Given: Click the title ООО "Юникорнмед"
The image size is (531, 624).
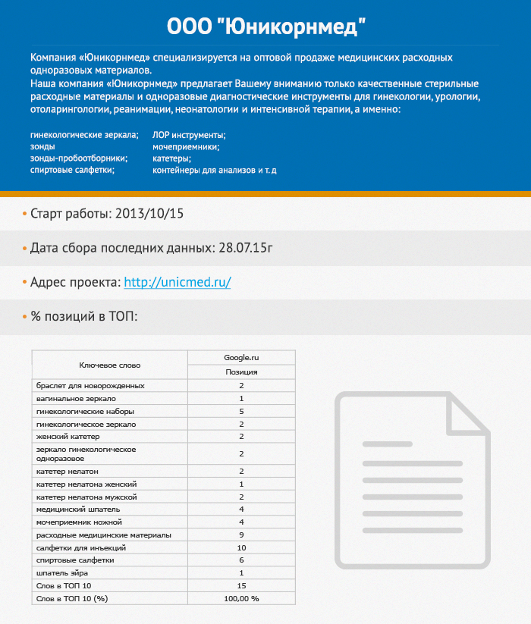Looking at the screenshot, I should [265, 27].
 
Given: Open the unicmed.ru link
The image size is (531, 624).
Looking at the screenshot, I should [177, 282].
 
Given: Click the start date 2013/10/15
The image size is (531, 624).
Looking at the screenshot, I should [149, 213].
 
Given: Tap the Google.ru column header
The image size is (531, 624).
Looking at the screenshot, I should [241, 357].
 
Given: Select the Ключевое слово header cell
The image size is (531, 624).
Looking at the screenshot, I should [110, 365].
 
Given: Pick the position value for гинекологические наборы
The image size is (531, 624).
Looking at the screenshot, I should [241, 411].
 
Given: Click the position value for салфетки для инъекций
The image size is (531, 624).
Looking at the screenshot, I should [241, 547].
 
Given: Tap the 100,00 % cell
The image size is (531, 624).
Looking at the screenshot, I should [241, 598].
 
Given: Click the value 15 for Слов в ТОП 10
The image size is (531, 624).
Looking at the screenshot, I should [241, 585].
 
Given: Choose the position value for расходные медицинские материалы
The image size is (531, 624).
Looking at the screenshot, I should [241, 535].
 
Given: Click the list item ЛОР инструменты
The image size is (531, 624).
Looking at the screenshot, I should [188, 135].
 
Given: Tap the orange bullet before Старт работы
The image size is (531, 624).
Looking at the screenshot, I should [24, 213].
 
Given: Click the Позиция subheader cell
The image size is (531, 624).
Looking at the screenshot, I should [241, 372].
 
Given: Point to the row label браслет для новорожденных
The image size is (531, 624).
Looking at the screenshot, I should [90, 386].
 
